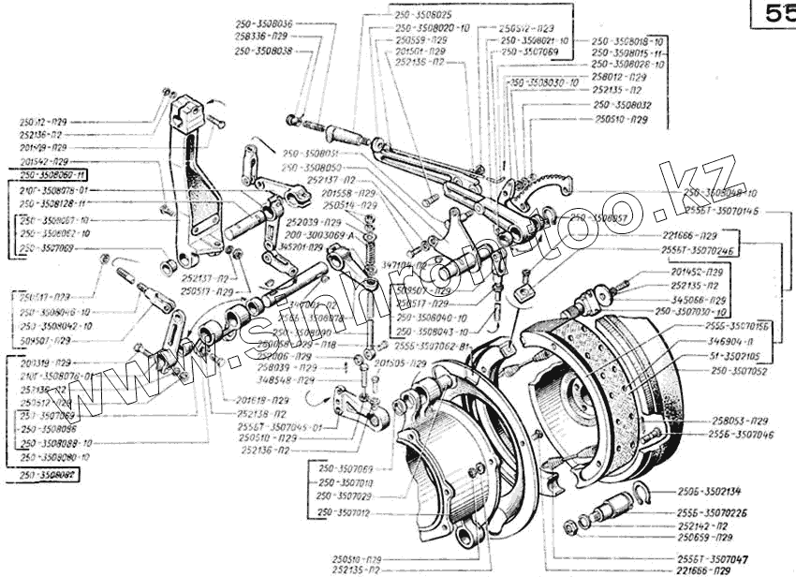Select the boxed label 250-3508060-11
pyautogui.click(x=52, y=175)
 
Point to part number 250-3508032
pyautogui.click(x=622, y=106)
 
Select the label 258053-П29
pyautogui.click(x=740, y=422)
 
